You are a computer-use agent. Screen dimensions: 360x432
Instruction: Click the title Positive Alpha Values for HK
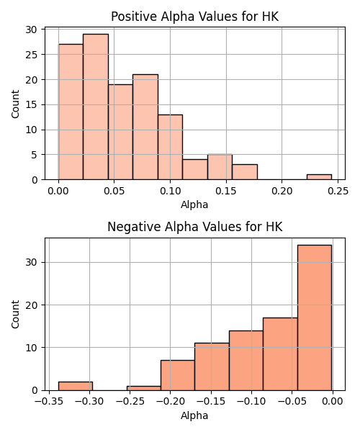[x=194, y=17]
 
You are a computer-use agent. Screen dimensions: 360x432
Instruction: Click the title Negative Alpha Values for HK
[x=194, y=227]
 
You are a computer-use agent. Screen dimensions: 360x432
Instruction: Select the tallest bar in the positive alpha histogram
[x=96, y=107]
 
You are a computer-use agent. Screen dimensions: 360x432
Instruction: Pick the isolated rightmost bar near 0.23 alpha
[x=319, y=177]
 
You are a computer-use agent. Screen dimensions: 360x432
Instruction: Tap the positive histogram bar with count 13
[x=170, y=147]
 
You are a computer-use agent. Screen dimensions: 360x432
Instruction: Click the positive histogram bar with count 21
[x=145, y=127]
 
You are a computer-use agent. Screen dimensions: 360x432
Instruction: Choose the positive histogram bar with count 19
[x=120, y=132]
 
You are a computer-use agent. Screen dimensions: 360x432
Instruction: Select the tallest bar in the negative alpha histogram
[x=314, y=318]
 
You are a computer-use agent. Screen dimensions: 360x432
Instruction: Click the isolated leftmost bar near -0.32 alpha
[x=76, y=386]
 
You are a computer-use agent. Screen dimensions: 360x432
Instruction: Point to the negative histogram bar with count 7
[x=178, y=375]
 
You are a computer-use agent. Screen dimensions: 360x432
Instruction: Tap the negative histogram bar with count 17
[x=280, y=354]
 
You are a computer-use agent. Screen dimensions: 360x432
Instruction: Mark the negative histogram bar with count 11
[x=212, y=366]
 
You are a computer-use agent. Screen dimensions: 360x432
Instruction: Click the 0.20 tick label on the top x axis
[x=282, y=191]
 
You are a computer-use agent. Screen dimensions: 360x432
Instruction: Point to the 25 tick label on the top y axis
[x=31, y=55]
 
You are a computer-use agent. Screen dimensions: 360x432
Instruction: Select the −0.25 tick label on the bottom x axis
[x=130, y=402]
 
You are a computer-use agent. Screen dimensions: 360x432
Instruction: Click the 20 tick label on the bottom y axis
[x=31, y=305]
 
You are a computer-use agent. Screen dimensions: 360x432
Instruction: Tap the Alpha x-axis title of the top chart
[x=194, y=204]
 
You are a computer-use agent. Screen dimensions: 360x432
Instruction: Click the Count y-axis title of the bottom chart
[x=15, y=314]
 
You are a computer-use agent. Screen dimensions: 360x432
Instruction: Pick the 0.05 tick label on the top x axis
[x=114, y=191]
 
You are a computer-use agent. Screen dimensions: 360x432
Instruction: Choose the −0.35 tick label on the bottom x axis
[x=49, y=402]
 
